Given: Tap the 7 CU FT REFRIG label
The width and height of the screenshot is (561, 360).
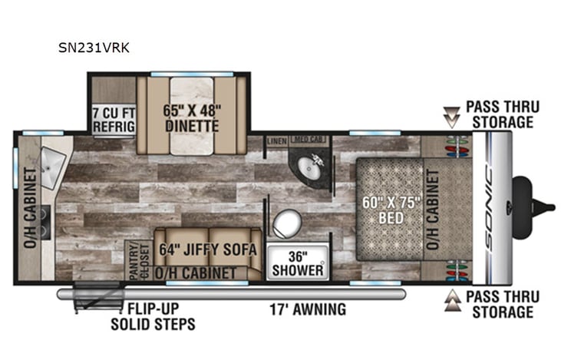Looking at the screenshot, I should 111,119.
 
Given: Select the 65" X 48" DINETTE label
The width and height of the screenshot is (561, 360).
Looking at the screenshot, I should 191,116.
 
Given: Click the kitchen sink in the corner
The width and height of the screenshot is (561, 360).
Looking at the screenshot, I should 54,161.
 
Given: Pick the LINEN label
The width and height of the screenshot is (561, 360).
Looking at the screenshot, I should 276,141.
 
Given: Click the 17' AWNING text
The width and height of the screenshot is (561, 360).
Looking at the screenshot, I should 307,310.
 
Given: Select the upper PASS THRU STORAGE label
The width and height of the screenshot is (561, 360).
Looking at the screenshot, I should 503,114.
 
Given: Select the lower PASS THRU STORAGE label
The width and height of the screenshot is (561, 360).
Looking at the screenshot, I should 503,304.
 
